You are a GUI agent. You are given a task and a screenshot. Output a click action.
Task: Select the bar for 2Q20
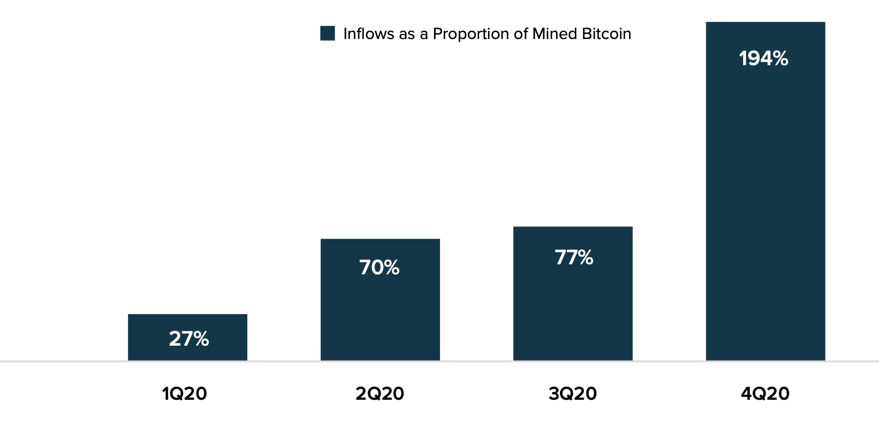pos(380,312)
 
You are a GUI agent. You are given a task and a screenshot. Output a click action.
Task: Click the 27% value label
pos(189,339)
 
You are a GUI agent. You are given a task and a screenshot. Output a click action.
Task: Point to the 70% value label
pos(379,268)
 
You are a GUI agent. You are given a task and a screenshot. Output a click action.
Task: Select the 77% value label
pos(574,258)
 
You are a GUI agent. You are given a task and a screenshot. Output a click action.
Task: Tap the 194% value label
pos(763,59)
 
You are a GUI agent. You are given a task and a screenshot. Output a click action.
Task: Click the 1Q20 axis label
pos(184,394)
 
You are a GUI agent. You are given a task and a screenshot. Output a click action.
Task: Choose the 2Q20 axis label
pos(379,394)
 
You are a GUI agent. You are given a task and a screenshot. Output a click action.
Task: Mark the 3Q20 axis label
pos(573,394)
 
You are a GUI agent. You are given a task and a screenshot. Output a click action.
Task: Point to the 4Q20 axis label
pos(765,394)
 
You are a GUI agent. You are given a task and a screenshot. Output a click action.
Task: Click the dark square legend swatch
pos(328,33)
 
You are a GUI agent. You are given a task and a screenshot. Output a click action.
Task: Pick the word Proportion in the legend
pos(471,34)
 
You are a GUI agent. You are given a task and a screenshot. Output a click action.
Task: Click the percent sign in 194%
pos(779,59)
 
